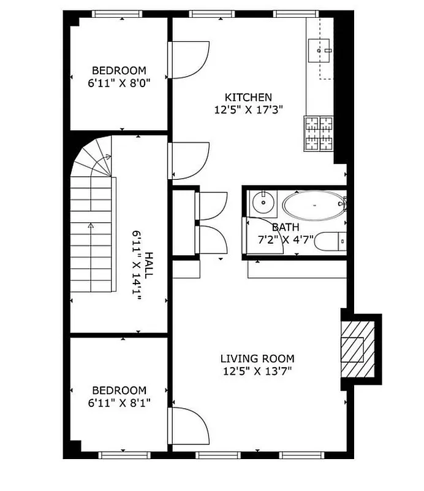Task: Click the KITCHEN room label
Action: [x=248, y=97]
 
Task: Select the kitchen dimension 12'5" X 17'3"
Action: [x=248, y=110]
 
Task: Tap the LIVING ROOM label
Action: [x=257, y=358]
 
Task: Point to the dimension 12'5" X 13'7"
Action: [x=257, y=371]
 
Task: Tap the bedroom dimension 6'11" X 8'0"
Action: [x=119, y=82]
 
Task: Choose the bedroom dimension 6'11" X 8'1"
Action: [x=119, y=403]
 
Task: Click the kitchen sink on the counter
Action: [x=320, y=47]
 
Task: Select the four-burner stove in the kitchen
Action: [x=318, y=134]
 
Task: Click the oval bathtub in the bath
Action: [x=313, y=206]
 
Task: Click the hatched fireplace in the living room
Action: [x=356, y=349]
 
